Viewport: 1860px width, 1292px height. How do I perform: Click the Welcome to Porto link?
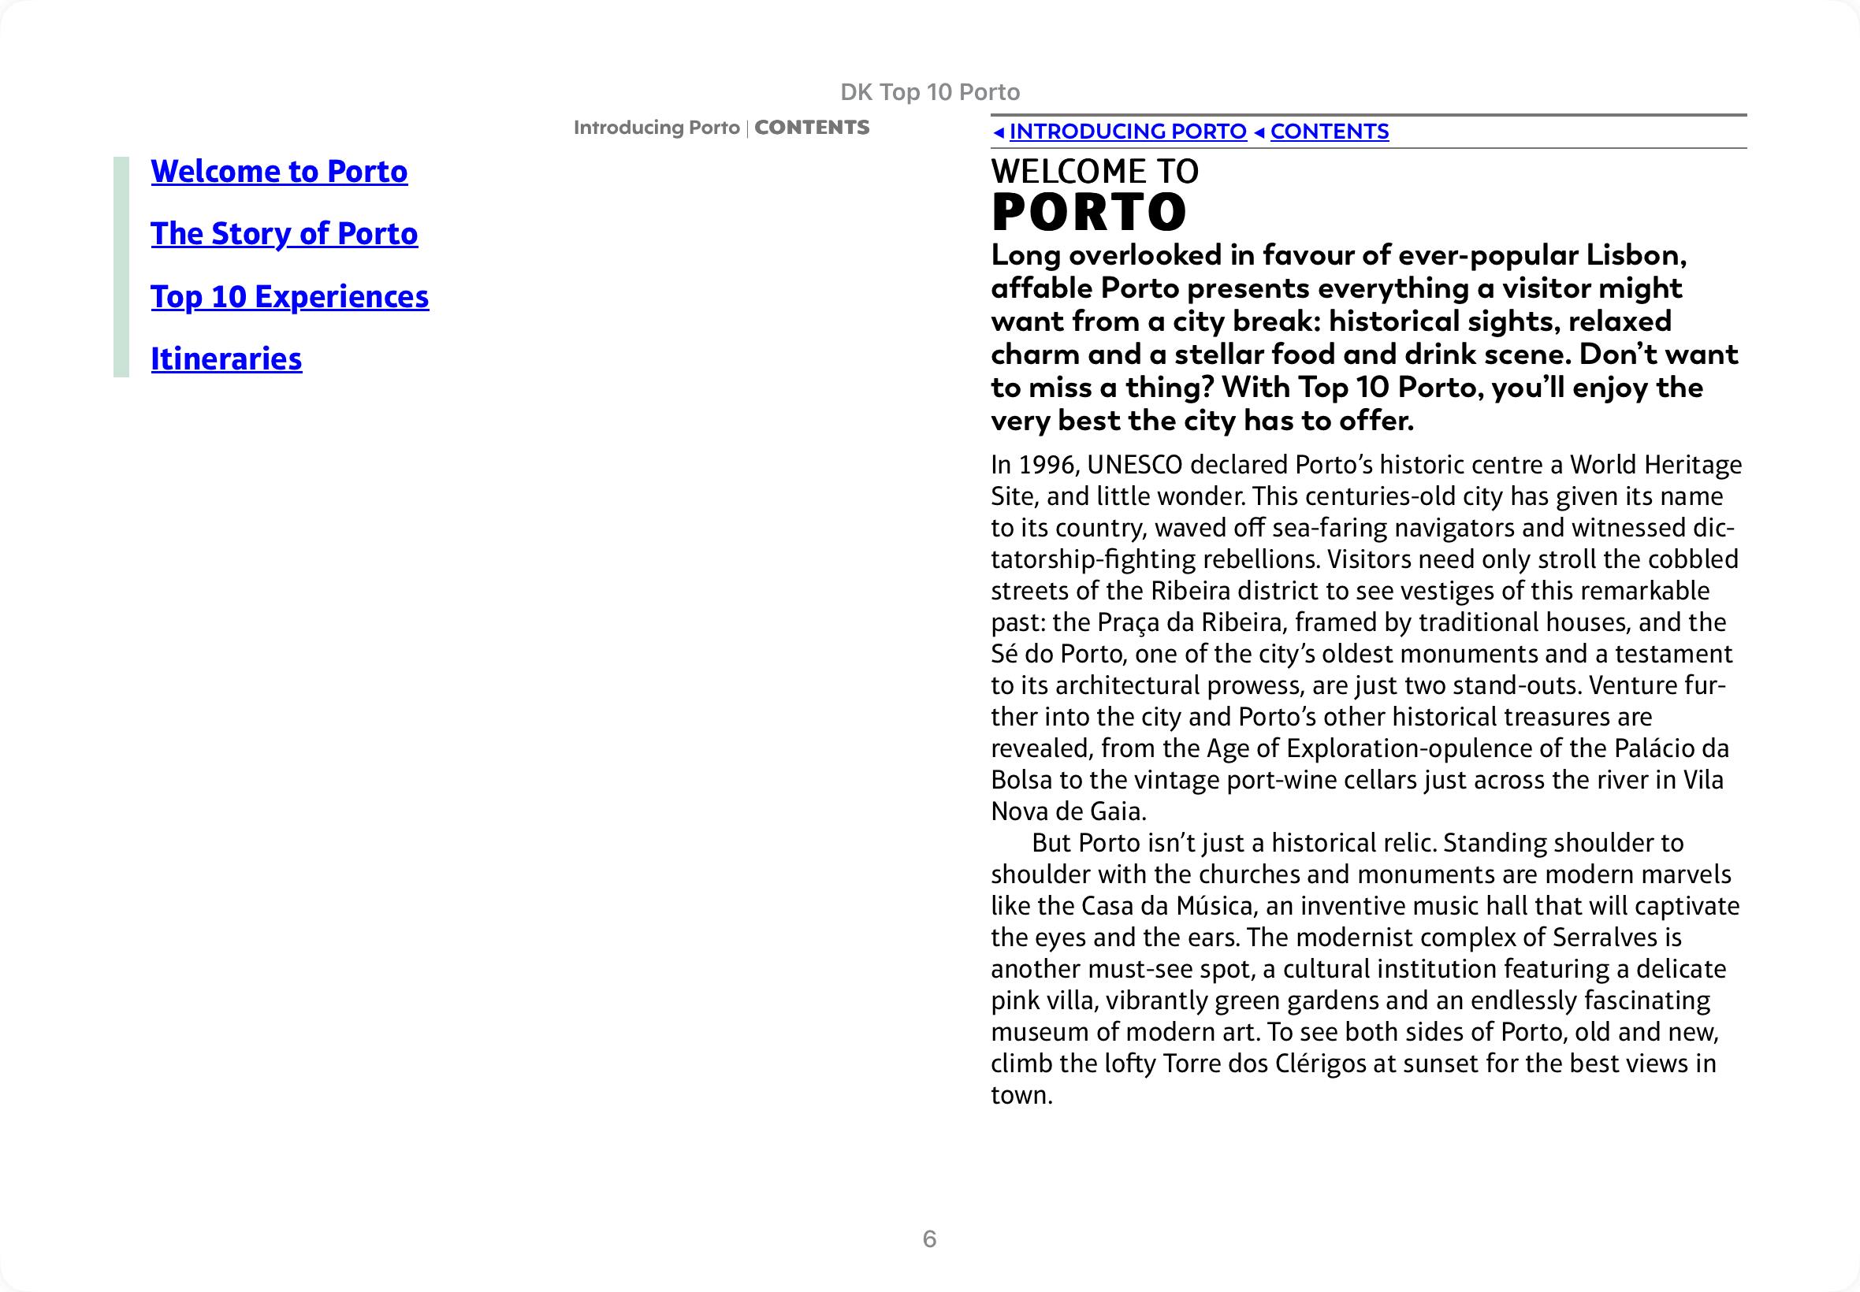coord(278,172)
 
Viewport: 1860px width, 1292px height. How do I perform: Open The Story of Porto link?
coord(285,234)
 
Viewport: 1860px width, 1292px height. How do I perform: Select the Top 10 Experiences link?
coord(289,297)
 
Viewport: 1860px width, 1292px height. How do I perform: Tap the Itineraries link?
coord(226,359)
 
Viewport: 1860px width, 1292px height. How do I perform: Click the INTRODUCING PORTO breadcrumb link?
coord(1127,131)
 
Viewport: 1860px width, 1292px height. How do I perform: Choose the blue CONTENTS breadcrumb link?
coord(1329,131)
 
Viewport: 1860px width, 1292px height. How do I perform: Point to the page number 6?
coord(928,1238)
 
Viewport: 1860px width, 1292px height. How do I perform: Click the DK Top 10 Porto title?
coord(929,92)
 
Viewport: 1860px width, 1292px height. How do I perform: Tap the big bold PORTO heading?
coord(1089,212)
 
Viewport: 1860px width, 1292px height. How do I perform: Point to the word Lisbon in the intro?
coord(1635,256)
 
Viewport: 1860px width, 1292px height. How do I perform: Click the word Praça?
coord(1128,622)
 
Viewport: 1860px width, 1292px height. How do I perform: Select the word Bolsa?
coord(1021,780)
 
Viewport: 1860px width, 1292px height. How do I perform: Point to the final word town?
coord(1021,1095)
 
